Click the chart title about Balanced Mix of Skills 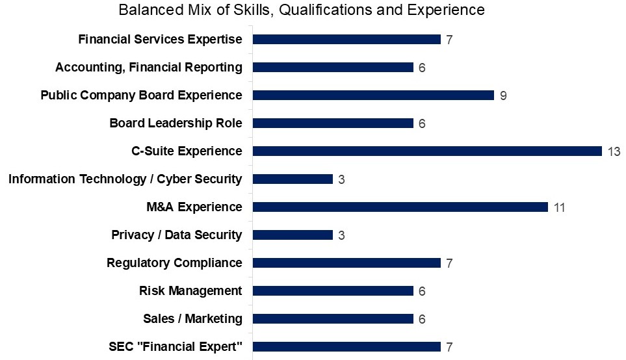pos(301,10)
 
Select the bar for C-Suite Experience pos(427,151)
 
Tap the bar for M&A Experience pos(400,207)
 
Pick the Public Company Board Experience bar pos(373,95)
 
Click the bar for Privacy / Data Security pos(293,235)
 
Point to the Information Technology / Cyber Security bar pos(293,179)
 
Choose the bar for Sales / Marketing pos(333,318)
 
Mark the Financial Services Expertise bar pos(346,39)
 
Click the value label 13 pos(614,151)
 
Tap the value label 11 pos(560,207)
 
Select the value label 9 pos(503,96)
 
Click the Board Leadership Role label pos(176,123)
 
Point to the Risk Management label pos(190,290)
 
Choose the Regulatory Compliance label pos(174,263)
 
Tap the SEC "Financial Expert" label pos(176,346)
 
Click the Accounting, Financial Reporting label pos(149,67)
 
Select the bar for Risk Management pos(333,290)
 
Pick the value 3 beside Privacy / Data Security pos(341,235)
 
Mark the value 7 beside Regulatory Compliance pos(449,263)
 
